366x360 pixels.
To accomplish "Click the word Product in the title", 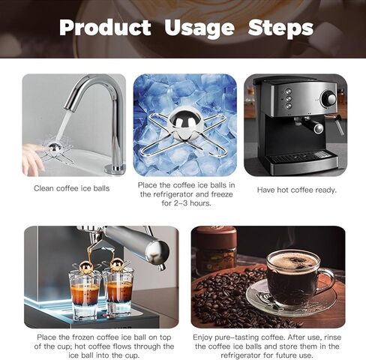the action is pyautogui.click(x=105, y=27).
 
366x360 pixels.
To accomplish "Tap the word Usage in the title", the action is pyautogui.click(x=199, y=28).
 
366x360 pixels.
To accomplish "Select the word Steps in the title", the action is pyautogui.click(x=280, y=28).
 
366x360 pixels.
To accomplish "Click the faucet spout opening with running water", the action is pyautogui.click(x=69, y=107).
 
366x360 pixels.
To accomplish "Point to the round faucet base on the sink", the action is pyautogui.click(x=115, y=169).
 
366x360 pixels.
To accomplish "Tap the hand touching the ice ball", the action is pyautogui.click(x=34, y=157).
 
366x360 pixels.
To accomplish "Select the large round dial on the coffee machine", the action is pyautogui.click(x=328, y=99).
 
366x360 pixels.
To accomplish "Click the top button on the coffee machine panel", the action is pyautogui.click(x=288, y=91).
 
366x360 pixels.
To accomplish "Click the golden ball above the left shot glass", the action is pyautogui.click(x=85, y=267).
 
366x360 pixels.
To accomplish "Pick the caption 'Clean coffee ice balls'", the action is pyautogui.click(x=72, y=188).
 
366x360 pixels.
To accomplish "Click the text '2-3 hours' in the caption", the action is pyautogui.click(x=193, y=203).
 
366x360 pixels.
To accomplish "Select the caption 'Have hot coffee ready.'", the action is pyautogui.click(x=297, y=190).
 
